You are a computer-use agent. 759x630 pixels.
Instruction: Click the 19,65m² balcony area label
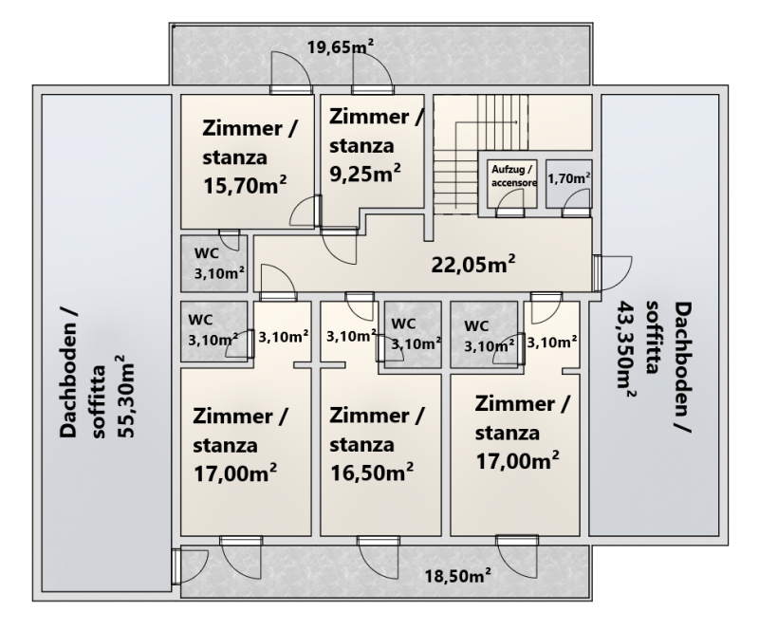point(341,47)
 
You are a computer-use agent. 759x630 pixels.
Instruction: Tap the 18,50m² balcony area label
point(458,576)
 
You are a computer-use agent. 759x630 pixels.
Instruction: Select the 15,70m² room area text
point(245,185)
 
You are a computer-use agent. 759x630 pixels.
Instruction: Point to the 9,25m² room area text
point(365,174)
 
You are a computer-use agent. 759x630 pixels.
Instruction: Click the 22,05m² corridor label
point(472,265)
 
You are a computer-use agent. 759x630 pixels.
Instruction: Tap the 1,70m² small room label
point(568,178)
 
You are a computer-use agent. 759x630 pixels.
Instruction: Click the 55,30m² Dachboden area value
point(126,397)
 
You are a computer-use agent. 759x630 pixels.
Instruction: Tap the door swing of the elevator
point(510,202)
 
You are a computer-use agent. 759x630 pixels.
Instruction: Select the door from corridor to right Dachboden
point(611,273)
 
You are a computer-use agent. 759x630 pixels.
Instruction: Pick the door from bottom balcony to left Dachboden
point(190,566)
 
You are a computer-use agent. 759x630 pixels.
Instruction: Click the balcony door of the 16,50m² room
point(379,557)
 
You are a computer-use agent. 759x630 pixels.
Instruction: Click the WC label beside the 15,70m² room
point(207,252)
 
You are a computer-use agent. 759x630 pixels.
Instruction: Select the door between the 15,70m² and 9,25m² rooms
point(305,211)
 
